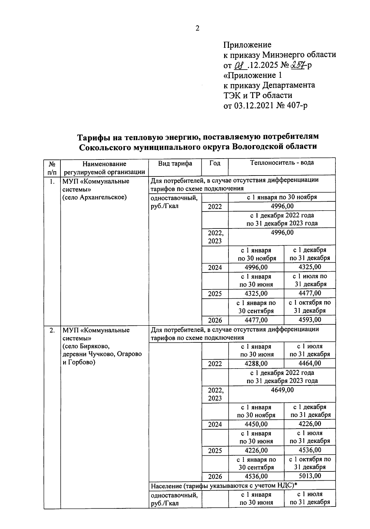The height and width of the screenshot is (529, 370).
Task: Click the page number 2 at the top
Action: (x=198, y=28)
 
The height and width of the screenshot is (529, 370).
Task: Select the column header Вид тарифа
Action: (x=175, y=164)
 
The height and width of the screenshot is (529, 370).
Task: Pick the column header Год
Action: (x=215, y=164)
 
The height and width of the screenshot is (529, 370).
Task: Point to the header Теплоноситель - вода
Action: (x=282, y=163)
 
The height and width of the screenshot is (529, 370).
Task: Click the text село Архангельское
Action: (x=95, y=197)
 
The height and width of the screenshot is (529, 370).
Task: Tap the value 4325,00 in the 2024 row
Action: (x=310, y=267)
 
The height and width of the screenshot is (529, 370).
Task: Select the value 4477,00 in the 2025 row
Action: (x=310, y=293)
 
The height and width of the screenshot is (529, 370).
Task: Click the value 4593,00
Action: (x=310, y=320)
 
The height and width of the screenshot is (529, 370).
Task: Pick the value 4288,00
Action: (x=256, y=364)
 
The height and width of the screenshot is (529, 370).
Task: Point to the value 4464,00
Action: (x=310, y=363)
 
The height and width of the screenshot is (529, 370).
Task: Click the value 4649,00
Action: (x=282, y=390)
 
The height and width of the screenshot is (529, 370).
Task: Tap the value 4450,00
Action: (x=256, y=424)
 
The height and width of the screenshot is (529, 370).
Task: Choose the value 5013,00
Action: (x=310, y=476)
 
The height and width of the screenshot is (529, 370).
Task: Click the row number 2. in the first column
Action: (x=52, y=330)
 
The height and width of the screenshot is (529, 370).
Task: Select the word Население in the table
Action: (x=165, y=486)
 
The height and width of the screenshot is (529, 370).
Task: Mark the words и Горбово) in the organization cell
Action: (x=79, y=362)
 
